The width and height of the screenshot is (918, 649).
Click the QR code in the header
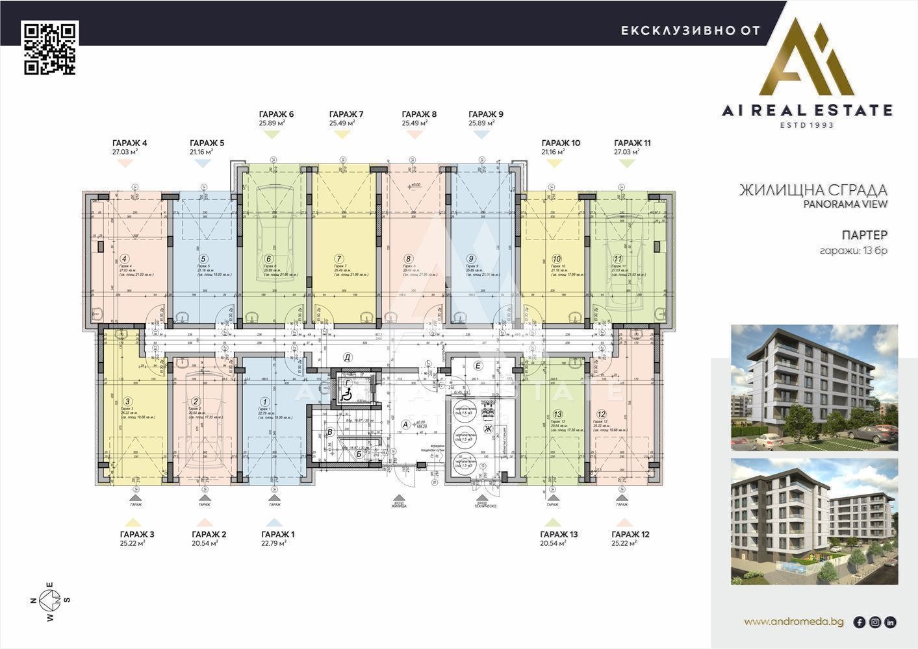click(x=50, y=48)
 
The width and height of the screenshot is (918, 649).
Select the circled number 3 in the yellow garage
click(x=128, y=402)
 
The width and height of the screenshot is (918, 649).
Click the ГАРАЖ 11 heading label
click(x=632, y=143)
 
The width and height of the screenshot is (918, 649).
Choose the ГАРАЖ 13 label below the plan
click(x=558, y=534)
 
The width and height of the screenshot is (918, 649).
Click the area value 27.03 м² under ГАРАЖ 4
click(x=125, y=152)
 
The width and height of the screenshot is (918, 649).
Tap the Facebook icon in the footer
click(x=859, y=622)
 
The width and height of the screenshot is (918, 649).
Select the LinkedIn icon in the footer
click(x=890, y=622)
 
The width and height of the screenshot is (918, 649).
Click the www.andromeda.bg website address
click(x=793, y=622)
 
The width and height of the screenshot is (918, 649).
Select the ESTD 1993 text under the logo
click(x=807, y=125)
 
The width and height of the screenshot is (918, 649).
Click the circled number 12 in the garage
click(x=601, y=414)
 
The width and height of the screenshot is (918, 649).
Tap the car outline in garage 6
click(x=268, y=234)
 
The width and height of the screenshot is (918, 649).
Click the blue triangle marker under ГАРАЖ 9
click(x=481, y=134)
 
